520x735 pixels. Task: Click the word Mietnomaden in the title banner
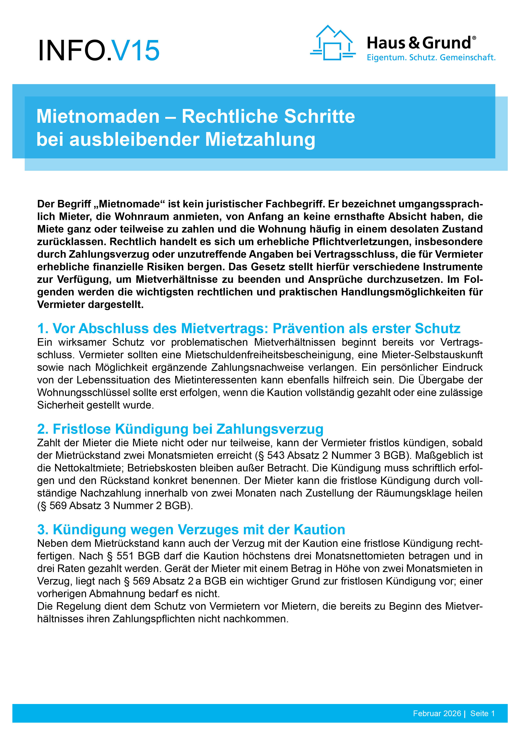tap(98, 116)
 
